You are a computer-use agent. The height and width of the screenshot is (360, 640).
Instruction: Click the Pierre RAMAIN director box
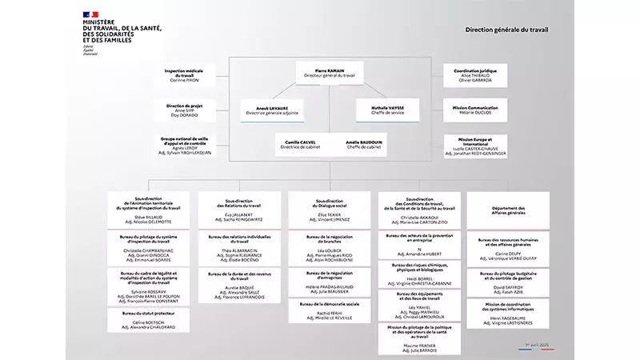pos(330,73)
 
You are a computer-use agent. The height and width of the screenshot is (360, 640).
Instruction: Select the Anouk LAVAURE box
pos(272,110)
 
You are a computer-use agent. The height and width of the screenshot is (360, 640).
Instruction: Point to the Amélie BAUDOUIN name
pos(364,142)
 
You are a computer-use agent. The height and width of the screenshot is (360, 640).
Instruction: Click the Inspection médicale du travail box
pos(184,75)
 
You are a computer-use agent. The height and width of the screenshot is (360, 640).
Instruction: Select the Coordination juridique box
pos(475,75)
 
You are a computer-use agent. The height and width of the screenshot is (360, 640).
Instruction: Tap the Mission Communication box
pos(475,110)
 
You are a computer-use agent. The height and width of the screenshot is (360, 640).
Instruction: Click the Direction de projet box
pos(184,110)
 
